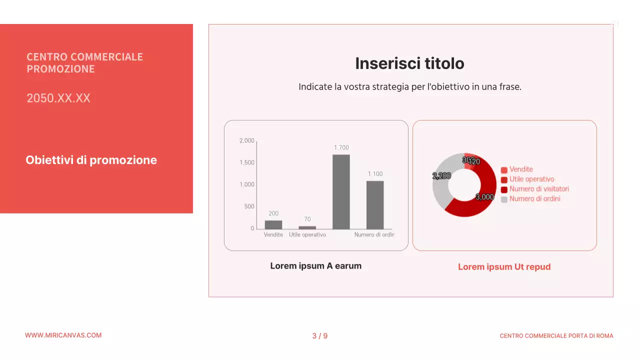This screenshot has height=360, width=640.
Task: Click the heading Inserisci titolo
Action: (409, 63)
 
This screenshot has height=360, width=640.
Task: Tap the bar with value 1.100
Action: (375, 204)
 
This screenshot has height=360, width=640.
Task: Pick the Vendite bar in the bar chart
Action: (273, 224)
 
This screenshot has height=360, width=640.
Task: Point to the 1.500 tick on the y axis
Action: (247, 162)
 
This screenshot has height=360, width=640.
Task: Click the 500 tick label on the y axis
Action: (249, 206)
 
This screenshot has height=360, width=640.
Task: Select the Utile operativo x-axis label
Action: (307, 234)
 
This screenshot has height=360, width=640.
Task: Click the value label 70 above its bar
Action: (307, 219)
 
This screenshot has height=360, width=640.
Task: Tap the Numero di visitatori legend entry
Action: (539, 189)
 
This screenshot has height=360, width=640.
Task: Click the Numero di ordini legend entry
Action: (534, 199)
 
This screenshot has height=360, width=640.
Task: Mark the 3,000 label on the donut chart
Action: (484, 197)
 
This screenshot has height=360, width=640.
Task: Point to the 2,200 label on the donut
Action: (441, 176)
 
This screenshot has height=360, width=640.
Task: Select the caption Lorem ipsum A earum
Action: (315, 266)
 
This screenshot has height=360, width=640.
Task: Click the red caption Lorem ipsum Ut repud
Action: (504, 267)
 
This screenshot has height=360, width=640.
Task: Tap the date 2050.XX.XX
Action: (58, 98)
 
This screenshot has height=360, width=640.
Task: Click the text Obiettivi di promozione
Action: (91, 160)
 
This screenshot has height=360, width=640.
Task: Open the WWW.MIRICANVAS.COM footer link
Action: (63, 335)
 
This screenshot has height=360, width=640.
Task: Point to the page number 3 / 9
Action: (320, 336)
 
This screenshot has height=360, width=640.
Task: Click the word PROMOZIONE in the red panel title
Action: (60, 69)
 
